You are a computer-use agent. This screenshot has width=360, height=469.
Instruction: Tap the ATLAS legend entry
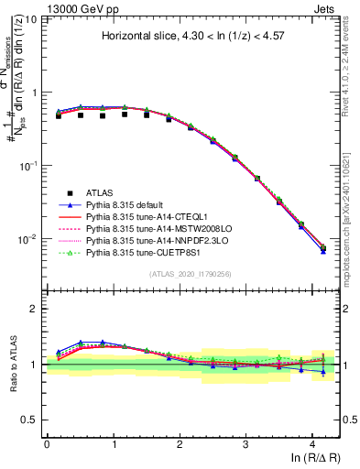[100, 192]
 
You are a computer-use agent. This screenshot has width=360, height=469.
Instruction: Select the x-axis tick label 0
[47, 443]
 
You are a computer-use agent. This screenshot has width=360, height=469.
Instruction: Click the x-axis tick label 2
[180, 443]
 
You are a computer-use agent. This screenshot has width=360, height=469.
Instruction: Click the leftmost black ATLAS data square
[59, 116]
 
